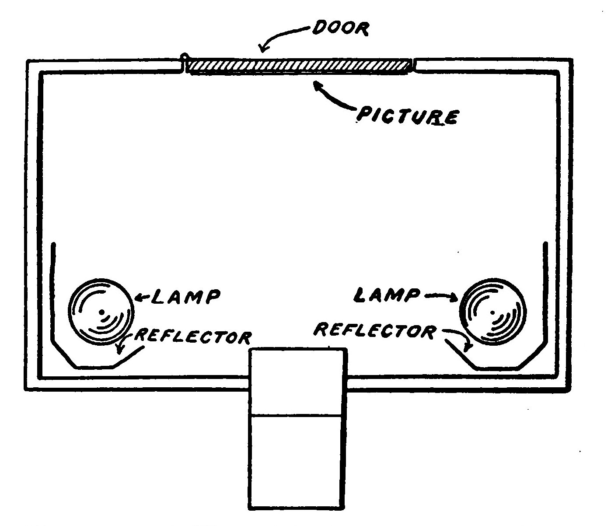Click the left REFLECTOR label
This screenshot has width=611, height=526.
(193, 336)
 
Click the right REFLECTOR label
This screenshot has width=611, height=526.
(375, 330)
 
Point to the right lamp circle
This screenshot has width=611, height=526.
(493, 312)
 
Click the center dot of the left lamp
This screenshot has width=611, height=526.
(101, 312)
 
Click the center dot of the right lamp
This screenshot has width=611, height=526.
(493, 313)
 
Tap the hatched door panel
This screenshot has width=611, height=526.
(299, 65)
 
